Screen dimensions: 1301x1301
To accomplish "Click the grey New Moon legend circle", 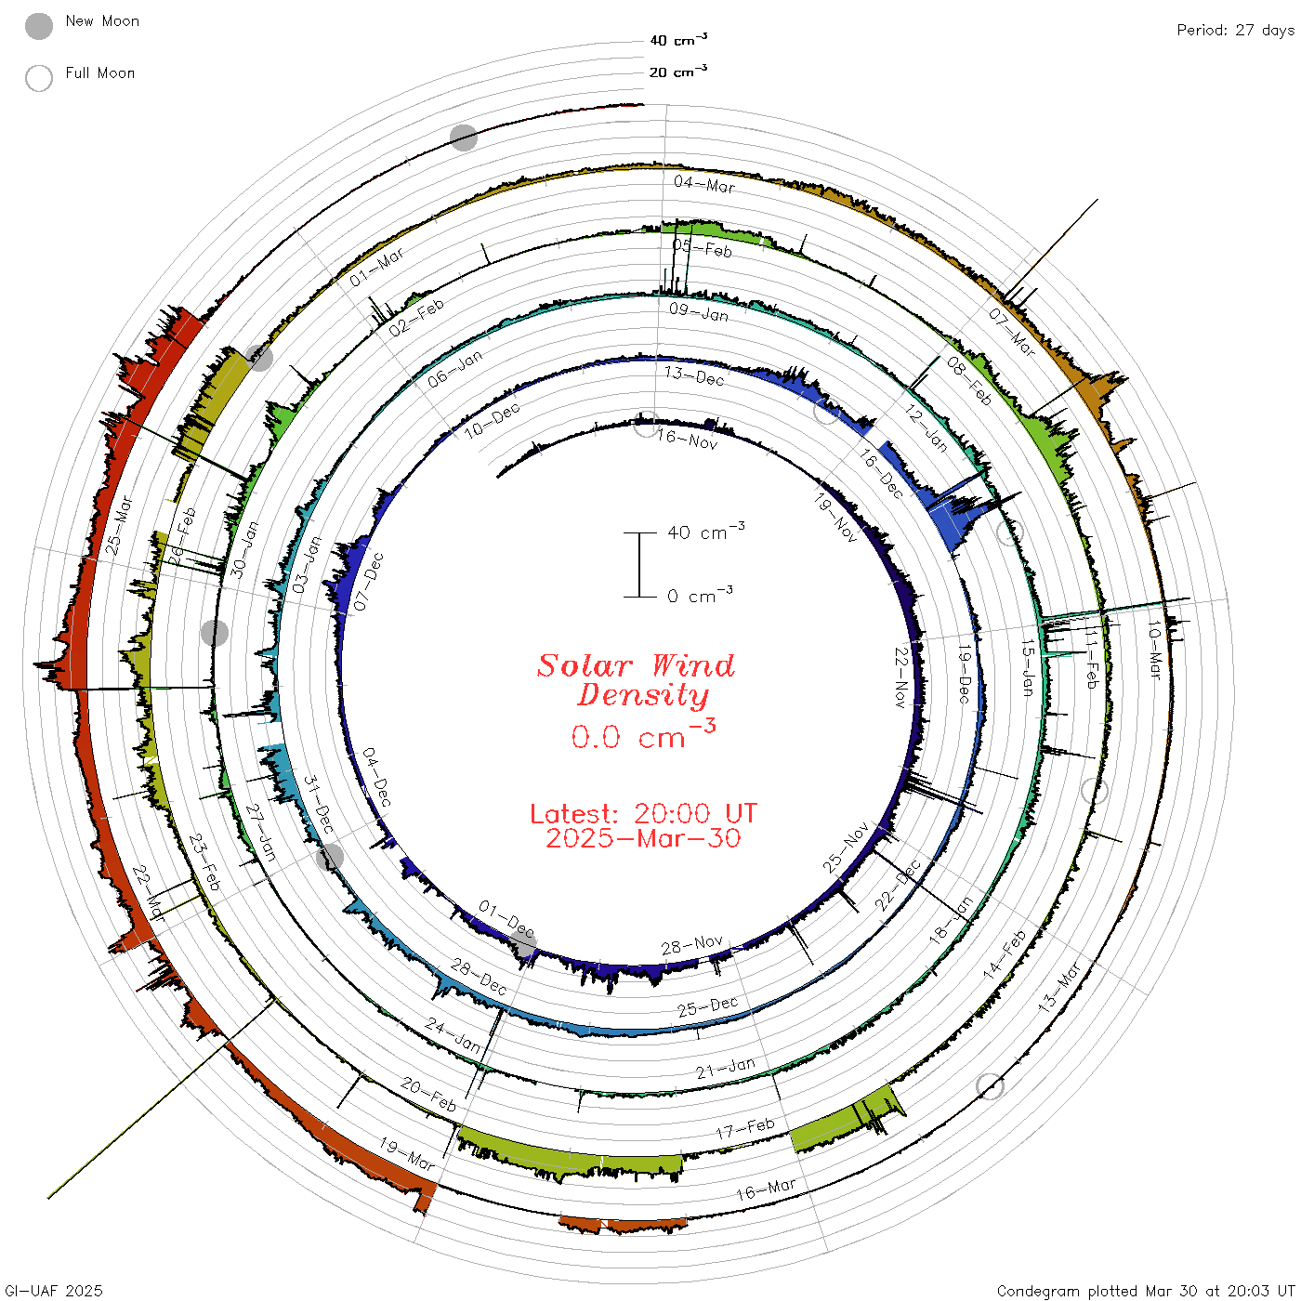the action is pos(38,26).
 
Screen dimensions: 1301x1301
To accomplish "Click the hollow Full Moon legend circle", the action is pos(38,78).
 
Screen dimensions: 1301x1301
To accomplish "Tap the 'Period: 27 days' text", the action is pos(1235,31).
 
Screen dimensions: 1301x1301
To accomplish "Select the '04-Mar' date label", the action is pos(703,184).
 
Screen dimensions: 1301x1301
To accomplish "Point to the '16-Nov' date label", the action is pos(687,439).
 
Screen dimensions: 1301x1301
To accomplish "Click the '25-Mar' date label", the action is pos(119,525).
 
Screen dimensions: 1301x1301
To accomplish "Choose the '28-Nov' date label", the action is pos(692,945).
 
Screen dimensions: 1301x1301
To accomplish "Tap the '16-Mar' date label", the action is pos(766,1189).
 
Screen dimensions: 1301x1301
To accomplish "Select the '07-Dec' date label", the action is pos(369,582).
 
